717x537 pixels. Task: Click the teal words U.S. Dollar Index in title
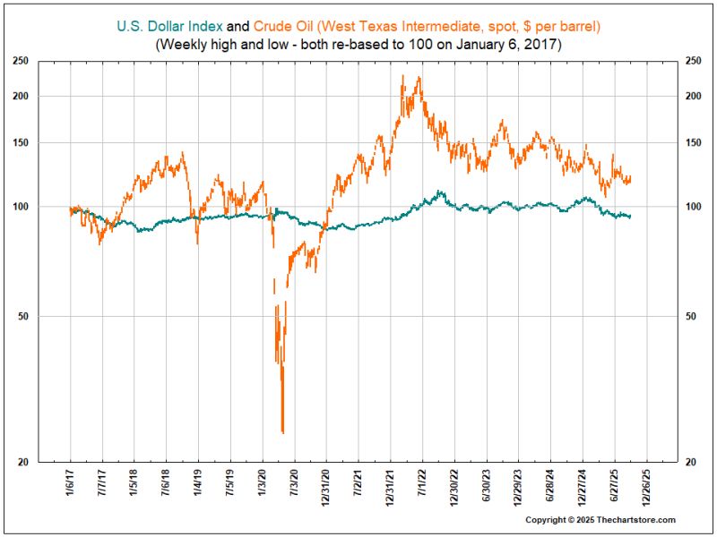point(169,28)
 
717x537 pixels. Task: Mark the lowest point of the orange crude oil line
point(282,433)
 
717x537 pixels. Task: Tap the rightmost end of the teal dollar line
point(631,217)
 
